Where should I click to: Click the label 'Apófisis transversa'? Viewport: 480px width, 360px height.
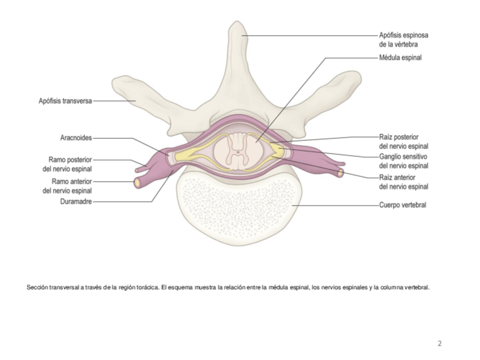coord(65,101)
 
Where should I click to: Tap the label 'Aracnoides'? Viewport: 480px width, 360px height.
coord(76,138)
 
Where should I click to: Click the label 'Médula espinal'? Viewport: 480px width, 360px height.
coord(400,57)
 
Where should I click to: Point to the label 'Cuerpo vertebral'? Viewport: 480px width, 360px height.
coord(402,205)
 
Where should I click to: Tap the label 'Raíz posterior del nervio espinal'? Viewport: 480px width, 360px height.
coord(403,141)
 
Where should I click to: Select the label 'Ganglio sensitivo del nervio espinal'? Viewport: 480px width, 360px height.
coord(403,161)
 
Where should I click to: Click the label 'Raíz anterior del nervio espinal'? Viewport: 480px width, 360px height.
coord(403,182)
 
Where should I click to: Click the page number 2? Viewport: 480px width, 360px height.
coord(439,343)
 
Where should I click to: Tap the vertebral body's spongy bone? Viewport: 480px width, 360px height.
coord(238,209)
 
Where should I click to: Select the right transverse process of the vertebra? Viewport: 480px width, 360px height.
coord(340,88)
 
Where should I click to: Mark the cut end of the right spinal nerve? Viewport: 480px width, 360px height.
coord(340,172)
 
